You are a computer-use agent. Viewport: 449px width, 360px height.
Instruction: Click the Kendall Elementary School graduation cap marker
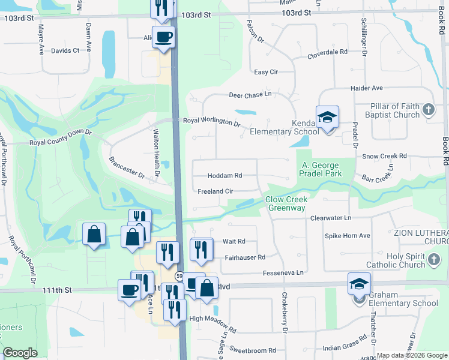(x=328, y=117)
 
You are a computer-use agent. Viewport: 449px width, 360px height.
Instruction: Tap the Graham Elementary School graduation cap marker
(x=359, y=284)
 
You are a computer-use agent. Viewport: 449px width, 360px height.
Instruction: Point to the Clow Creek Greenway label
(x=286, y=204)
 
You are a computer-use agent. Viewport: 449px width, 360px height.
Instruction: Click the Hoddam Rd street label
(x=224, y=176)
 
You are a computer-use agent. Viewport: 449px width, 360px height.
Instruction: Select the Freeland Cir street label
(x=215, y=191)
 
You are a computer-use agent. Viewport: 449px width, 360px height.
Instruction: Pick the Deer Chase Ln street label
(x=250, y=94)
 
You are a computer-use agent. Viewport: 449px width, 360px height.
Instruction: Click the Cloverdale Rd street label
(x=328, y=52)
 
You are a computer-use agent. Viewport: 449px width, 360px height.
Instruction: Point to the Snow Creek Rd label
(x=385, y=156)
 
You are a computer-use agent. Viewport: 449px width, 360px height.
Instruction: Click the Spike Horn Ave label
(x=348, y=236)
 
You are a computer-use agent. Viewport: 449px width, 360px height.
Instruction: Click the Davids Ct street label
(x=65, y=50)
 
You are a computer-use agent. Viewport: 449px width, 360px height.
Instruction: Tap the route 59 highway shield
(x=179, y=276)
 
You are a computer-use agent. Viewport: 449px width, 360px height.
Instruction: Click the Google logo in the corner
(x=20, y=353)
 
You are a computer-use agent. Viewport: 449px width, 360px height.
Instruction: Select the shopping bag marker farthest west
(x=94, y=234)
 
